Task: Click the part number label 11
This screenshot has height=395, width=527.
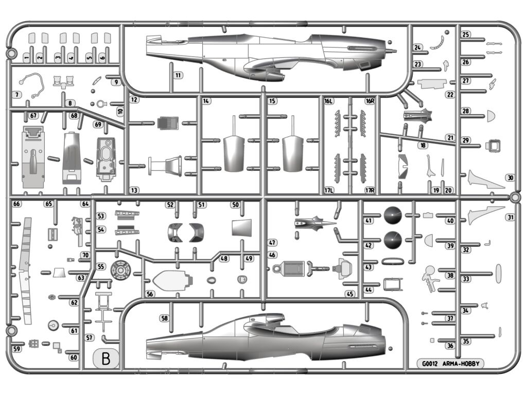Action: coord(178,75)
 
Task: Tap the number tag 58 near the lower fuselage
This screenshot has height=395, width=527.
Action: coord(164,318)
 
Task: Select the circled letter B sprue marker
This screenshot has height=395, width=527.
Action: coord(106,358)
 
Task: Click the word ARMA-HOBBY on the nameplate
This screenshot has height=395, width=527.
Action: coord(462,364)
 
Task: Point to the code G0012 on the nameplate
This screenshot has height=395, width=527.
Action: coord(430,364)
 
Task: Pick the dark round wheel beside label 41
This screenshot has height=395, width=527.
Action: coord(392,215)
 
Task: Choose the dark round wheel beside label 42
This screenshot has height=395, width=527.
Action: coord(392,240)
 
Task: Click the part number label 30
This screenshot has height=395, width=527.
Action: coord(510,177)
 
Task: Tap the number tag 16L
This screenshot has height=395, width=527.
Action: coord(328,101)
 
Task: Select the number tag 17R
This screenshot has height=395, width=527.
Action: coord(369,190)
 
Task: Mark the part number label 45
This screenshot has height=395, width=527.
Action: coord(350,294)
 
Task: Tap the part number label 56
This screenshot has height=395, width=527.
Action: coord(150,294)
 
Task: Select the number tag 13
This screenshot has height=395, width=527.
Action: coord(134,190)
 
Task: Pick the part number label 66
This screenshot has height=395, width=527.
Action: coord(16,204)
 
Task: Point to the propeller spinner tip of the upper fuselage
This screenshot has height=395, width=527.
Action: coord(395,51)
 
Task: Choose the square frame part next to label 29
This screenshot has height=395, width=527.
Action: coord(493,145)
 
